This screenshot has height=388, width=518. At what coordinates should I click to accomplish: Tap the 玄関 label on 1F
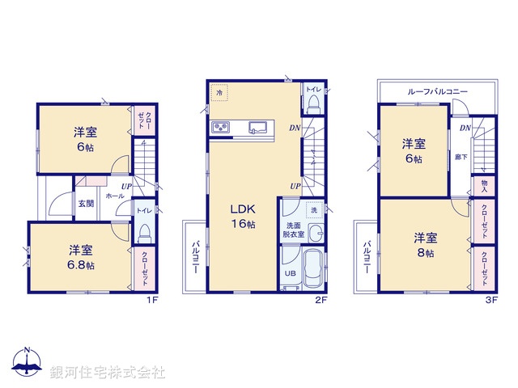(x=86, y=203)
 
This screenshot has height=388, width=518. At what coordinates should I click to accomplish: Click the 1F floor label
(x=151, y=300)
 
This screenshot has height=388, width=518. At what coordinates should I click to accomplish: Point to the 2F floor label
(x=321, y=300)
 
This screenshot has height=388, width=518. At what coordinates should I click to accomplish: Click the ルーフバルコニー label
(x=437, y=92)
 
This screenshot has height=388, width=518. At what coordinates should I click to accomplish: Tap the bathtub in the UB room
(x=311, y=269)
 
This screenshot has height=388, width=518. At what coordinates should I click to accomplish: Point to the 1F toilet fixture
(x=143, y=231)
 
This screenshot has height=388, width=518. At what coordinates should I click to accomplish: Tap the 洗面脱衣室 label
(x=292, y=230)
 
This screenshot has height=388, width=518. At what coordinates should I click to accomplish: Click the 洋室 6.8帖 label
(x=80, y=256)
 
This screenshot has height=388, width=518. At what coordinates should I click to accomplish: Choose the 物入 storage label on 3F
(x=484, y=187)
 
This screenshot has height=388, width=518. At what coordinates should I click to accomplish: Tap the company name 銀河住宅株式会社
(x=108, y=373)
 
